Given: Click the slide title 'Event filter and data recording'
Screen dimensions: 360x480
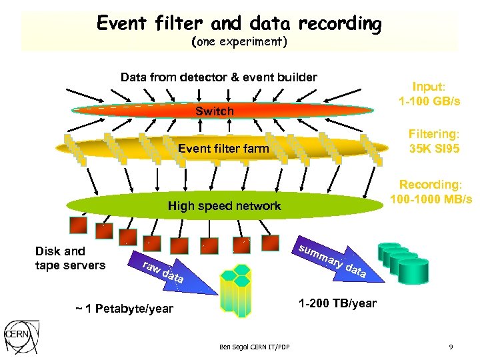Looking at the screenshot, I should (239, 24).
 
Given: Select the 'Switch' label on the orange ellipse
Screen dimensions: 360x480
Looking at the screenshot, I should (214, 111).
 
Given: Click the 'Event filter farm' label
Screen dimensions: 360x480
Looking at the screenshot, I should (223, 149).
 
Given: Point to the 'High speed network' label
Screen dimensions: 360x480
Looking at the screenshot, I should (224, 206).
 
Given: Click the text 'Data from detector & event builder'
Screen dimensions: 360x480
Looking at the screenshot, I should (219, 77).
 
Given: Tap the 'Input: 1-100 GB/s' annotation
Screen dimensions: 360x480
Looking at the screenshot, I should (429, 94).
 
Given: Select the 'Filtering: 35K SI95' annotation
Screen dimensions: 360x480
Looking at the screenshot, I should (433, 141).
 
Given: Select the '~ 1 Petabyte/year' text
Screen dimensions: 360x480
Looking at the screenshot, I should (125, 309).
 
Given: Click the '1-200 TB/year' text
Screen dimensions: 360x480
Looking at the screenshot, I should (337, 303).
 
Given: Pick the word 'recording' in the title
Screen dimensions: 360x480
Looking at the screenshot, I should (340, 24).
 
